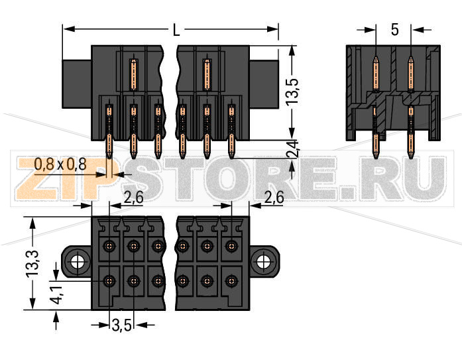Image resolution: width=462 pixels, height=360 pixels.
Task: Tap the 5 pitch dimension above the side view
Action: [x=394, y=30]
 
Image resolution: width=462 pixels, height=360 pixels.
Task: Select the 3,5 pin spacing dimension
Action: [x=121, y=325]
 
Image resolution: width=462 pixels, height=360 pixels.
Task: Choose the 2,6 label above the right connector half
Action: [x=274, y=196]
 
